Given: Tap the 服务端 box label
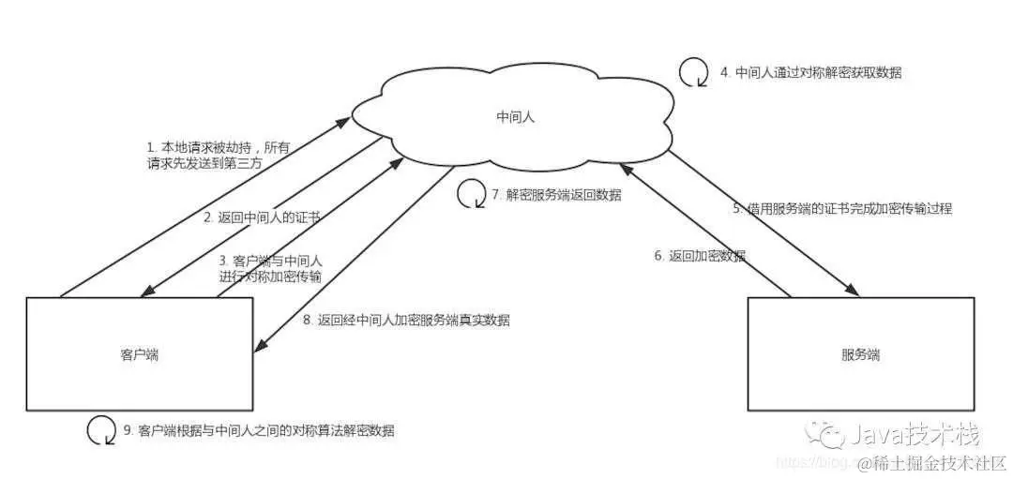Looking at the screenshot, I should pos(861,355).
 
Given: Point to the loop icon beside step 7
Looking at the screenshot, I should pos(470,195).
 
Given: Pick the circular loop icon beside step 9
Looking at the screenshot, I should pos(100,430).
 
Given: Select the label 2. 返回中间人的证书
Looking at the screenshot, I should pos(263,217).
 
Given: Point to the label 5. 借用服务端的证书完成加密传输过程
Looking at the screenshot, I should pos(841,209).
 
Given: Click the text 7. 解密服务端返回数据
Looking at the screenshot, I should pos(556,195).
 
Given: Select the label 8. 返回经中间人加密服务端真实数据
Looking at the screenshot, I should pos(406,320).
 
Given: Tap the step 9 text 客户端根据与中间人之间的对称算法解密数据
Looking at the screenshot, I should pos(259,431).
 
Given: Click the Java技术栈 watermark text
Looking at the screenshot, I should pos(915,435).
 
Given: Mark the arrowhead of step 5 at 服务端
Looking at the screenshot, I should pos(852,292).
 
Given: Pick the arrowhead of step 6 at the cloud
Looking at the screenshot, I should pos(623,170).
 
